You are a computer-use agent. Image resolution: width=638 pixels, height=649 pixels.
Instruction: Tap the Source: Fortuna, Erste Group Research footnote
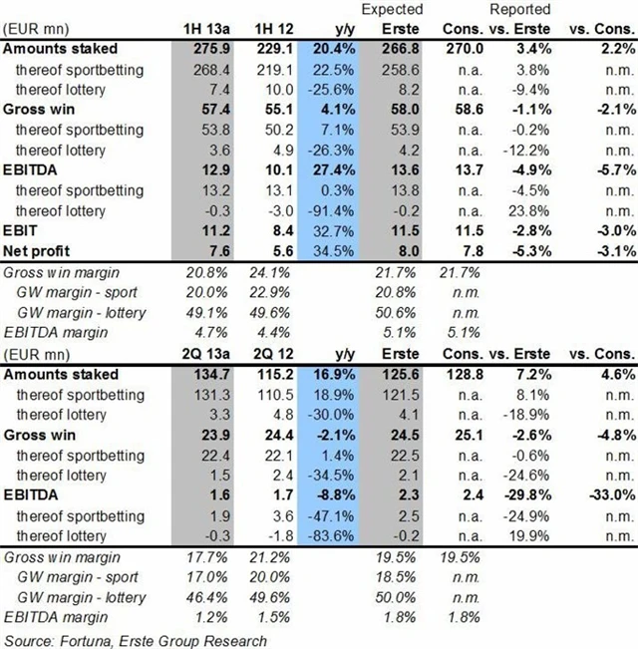(x=136, y=639)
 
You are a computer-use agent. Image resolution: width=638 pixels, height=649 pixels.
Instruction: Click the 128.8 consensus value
(x=461, y=375)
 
